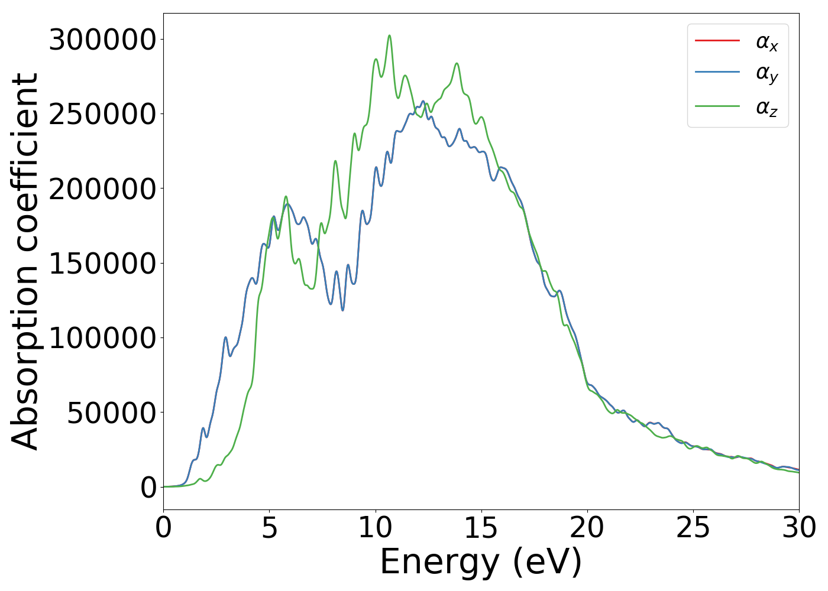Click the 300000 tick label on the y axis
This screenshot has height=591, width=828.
(x=102, y=40)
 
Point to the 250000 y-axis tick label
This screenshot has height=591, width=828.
(x=102, y=115)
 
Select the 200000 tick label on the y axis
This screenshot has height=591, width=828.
(x=102, y=189)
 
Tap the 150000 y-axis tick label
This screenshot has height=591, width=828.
(x=102, y=264)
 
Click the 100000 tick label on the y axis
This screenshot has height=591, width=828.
(x=102, y=338)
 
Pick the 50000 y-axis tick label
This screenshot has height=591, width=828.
(x=111, y=413)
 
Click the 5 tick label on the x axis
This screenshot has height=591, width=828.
(x=269, y=528)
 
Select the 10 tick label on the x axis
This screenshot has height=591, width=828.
(x=375, y=528)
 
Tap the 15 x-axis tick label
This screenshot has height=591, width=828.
(x=481, y=528)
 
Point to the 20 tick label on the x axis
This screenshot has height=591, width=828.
(x=587, y=528)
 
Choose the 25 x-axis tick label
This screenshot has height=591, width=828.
(x=693, y=528)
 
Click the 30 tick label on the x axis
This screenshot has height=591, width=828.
(x=798, y=528)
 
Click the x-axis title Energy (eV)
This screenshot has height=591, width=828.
(x=481, y=562)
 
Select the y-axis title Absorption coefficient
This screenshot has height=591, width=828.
(x=25, y=262)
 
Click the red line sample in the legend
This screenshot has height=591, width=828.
(x=717, y=40)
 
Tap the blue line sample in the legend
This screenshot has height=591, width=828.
(x=717, y=72)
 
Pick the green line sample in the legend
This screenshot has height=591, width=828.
(x=717, y=106)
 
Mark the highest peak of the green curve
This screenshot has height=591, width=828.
(x=389, y=35)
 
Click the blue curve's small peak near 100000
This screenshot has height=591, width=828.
(x=225, y=337)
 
